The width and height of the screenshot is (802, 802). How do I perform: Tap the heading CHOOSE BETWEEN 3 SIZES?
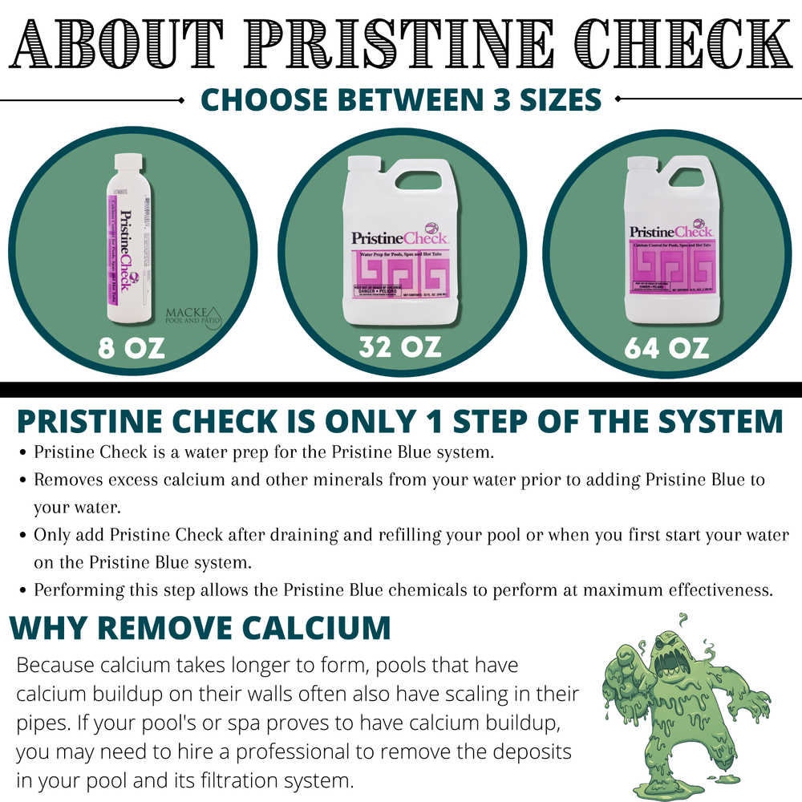coord(400,100)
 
